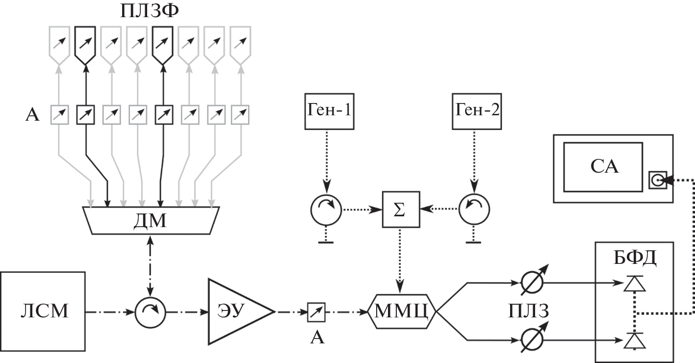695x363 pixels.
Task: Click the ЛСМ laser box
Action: (x=43, y=311)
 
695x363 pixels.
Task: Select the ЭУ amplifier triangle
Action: (x=235, y=311)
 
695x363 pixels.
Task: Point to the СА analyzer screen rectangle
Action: (x=603, y=167)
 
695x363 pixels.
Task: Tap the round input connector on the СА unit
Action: (x=657, y=181)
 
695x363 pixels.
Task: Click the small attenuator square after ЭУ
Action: (x=314, y=311)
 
